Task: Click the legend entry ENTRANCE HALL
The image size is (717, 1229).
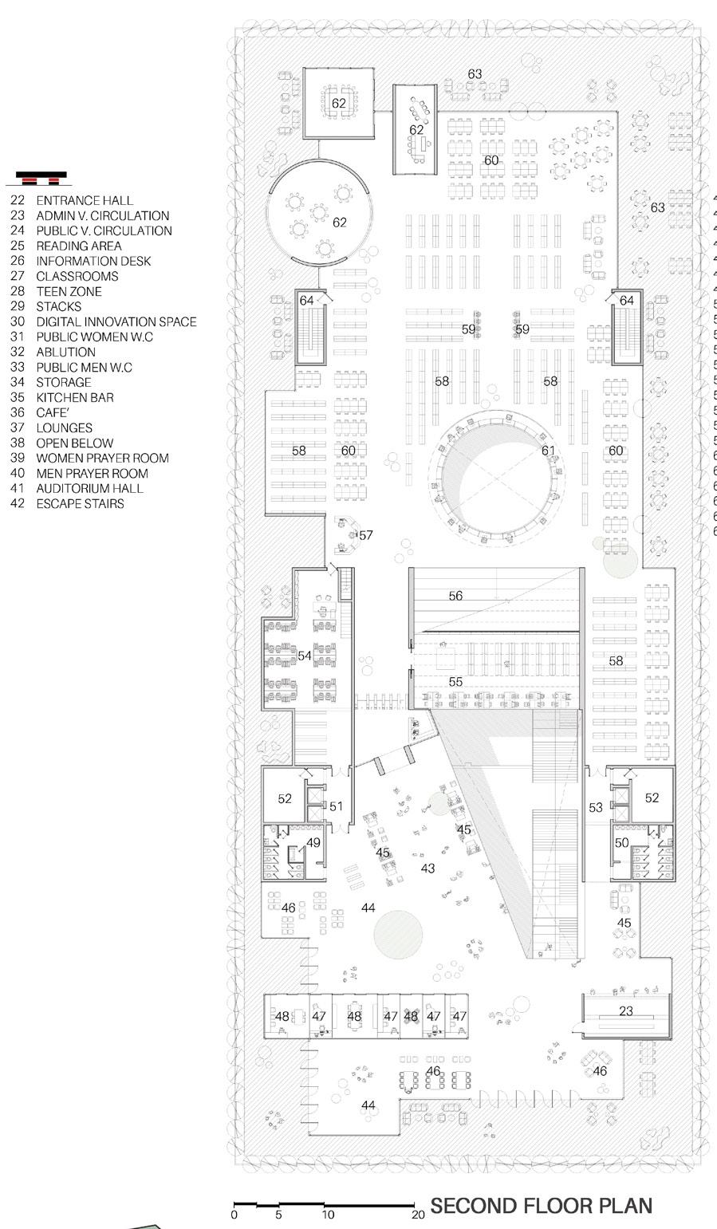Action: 85,200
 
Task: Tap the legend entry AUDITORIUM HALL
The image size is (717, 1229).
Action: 89,488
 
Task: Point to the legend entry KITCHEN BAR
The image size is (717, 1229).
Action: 74,397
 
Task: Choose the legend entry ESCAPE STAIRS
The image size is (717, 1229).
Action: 80,503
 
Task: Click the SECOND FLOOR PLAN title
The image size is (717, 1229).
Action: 541,1205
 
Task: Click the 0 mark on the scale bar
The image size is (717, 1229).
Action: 234,1215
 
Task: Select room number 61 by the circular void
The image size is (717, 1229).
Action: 548,451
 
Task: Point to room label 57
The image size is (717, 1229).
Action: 365,535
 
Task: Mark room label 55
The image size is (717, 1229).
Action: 455,682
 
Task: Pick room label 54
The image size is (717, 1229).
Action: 304,656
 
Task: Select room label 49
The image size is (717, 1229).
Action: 313,842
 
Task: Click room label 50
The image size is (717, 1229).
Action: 622,842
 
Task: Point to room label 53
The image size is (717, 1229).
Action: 596,808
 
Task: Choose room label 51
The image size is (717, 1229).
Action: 336,806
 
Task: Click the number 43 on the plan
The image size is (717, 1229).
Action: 427,868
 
